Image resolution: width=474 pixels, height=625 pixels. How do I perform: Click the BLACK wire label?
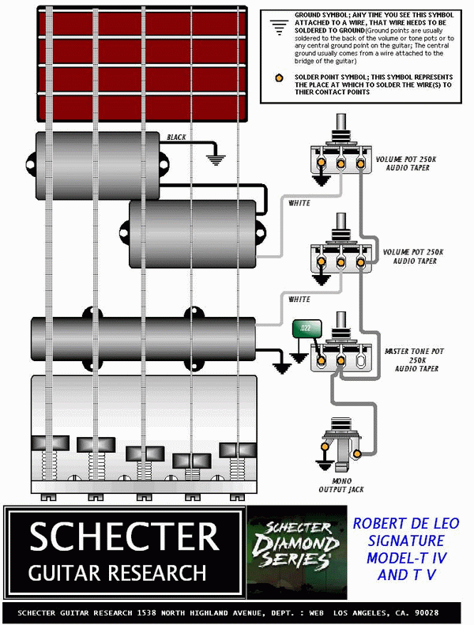tap(176, 137)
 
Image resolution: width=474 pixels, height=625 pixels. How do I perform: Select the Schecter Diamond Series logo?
tap(296, 545)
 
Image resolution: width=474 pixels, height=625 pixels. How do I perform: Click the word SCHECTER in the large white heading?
tap(124, 537)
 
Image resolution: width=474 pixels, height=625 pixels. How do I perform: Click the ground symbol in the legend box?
tap(277, 26)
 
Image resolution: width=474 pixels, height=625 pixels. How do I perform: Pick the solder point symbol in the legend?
tap(277, 78)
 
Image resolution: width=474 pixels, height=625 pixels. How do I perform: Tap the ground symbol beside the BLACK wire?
tap(215, 160)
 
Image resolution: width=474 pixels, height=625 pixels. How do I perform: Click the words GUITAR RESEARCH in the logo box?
tap(118, 571)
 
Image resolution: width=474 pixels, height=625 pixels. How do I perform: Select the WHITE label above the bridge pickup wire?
tap(299, 299)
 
